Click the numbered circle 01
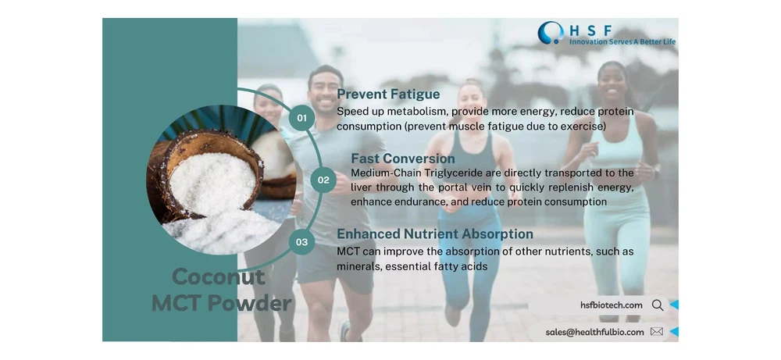point(301,118)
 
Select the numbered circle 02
point(323,180)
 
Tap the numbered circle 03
point(301,242)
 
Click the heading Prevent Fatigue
point(388,94)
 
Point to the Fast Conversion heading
point(402,159)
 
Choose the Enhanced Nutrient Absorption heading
point(435,233)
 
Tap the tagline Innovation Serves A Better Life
point(622,42)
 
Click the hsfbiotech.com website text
point(612,305)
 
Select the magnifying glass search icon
point(658,305)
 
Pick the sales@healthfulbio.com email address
point(594,332)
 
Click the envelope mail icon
point(657,332)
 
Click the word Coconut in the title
point(218,277)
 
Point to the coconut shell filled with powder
point(211,175)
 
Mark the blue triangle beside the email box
point(674,332)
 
